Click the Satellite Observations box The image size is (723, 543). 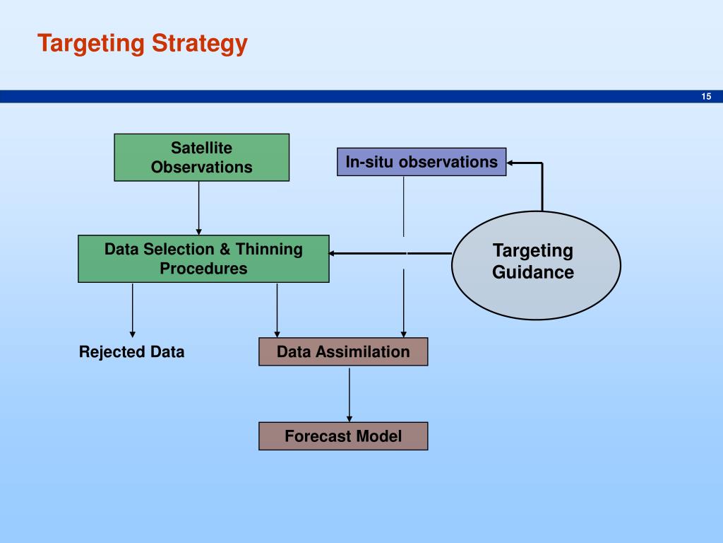tap(201, 157)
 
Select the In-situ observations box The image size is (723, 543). tap(422, 162)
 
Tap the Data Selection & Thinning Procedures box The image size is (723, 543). tap(203, 259)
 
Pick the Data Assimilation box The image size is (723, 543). tap(343, 351)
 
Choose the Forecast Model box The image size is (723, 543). tap(343, 436)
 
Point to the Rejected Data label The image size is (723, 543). tap(131, 352)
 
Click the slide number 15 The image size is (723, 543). tap(706, 97)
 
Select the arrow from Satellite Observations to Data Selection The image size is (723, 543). tap(199, 208)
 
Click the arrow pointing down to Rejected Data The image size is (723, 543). tap(132, 310)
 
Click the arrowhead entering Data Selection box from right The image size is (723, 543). tap(334, 252)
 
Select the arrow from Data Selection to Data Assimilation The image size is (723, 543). tap(277, 310)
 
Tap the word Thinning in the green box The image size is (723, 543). tap(269, 249)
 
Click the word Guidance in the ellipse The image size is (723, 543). tap(533, 272)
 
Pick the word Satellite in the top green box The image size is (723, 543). tap(201, 148)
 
